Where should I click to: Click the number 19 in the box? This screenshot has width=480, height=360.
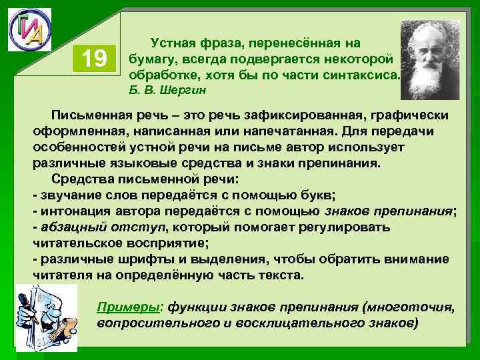[95, 60]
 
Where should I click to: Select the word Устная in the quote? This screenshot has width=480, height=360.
[175, 43]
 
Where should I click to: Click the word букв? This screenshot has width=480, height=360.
[319, 195]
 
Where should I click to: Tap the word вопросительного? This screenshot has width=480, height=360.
[151, 323]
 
